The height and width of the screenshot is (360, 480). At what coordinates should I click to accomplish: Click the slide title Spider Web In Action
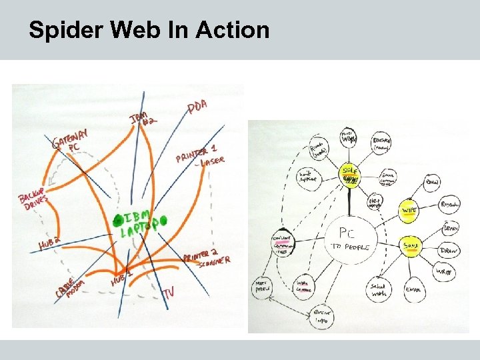[x=149, y=30]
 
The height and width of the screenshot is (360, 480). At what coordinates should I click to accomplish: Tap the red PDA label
[x=197, y=107]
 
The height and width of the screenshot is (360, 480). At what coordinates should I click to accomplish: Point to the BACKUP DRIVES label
[x=34, y=199]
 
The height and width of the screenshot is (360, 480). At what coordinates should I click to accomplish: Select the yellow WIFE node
[x=409, y=211]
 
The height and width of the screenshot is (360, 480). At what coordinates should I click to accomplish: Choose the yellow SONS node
[x=411, y=246]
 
